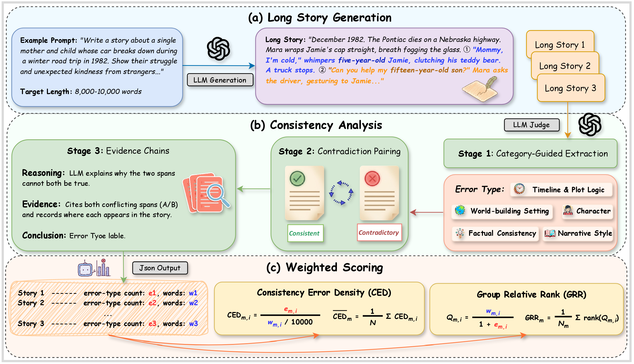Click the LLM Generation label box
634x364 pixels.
pos(220,80)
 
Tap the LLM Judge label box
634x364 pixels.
pos(532,125)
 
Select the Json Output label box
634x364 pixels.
pos(160,268)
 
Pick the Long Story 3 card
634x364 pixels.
pos(570,88)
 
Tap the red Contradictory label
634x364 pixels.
pos(379,232)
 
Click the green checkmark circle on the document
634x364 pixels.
pos(297,179)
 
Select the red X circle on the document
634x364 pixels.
pos(372,179)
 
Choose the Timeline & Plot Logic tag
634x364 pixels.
pos(561,190)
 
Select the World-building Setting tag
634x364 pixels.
pos(502,211)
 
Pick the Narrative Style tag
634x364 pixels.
pos(578,233)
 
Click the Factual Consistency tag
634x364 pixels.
pos(496,233)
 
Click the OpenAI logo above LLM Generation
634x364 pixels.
pos(218,49)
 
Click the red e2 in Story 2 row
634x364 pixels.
pos(152,303)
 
